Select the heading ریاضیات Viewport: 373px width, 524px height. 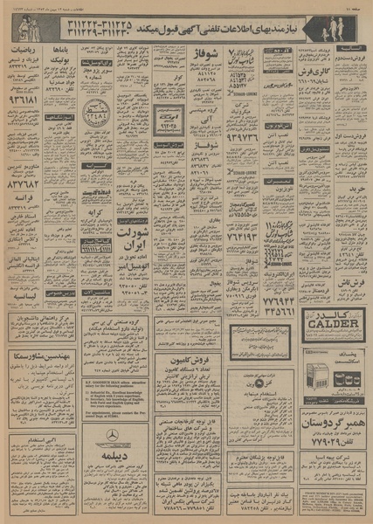(x=28, y=51)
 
